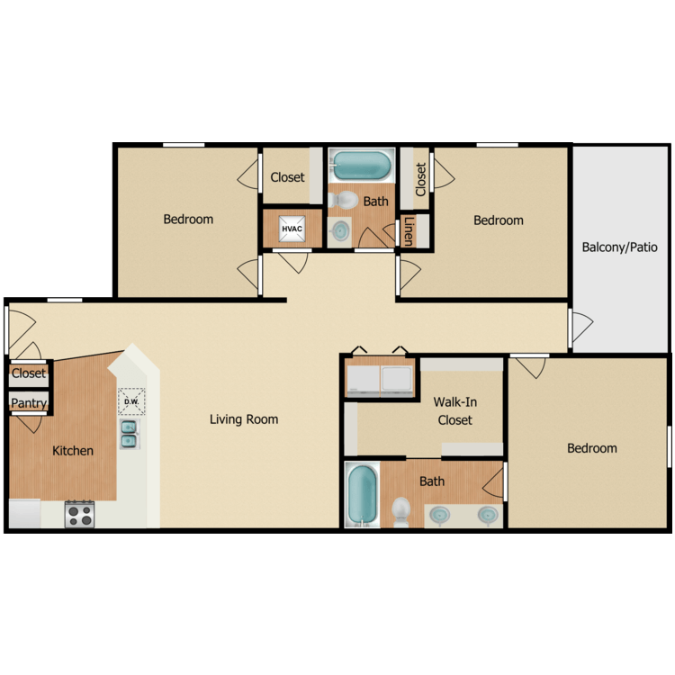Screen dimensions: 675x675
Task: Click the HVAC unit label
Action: click(x=292, y=229)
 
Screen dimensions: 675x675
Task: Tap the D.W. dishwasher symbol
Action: click(x=131, y=400)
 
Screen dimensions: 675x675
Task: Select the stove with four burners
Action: click(x=79, y=515)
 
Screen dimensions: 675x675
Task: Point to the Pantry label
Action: click(x=29, y=403)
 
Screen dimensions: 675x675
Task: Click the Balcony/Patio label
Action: click(x=619, y=247)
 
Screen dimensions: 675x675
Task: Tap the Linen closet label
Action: click(x=409, y=231)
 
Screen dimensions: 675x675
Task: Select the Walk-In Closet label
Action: click(x=455, y=410)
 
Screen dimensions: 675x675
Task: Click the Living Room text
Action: click(x=244, y=418)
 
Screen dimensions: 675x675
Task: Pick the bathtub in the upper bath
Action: click(x=362, y=166)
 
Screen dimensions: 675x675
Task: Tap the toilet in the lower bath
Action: click(x=401, y=512)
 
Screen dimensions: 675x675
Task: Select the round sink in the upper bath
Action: click(x=340, y=230)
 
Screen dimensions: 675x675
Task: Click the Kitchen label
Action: click(x=73, y=450)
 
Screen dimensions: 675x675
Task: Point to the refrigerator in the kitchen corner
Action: click(x=24, y=513)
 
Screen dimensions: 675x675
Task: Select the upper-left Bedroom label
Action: click(x=188, y=219)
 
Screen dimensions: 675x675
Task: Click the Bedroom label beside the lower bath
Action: click(x=592, y=448)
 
